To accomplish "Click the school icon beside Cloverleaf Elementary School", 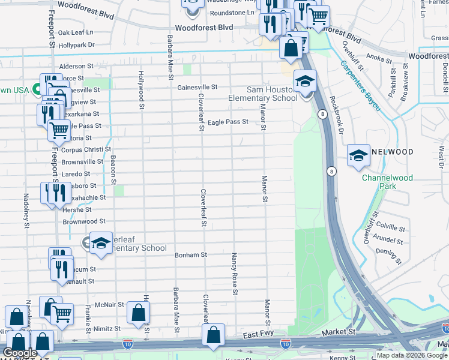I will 101,242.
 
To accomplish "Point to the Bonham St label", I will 190,255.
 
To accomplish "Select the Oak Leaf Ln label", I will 76,32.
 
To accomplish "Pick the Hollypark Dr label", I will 77,45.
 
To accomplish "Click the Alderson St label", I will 76,67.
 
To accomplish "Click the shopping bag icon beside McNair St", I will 138,312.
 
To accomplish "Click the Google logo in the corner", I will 20,353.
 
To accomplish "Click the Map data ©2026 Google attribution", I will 412,355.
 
